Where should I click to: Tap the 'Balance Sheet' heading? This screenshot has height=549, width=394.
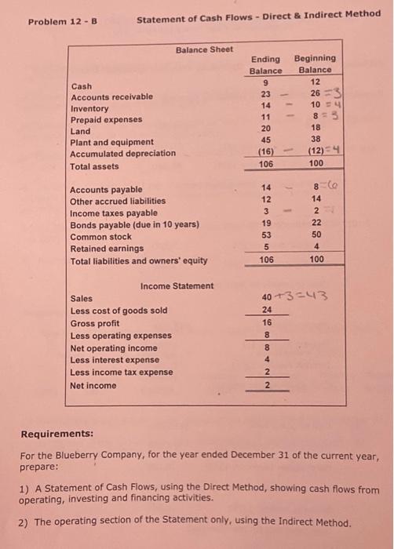click(204, 49)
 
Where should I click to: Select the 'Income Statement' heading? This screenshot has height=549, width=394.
click(176, 285)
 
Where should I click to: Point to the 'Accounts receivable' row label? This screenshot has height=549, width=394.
click(112, 97)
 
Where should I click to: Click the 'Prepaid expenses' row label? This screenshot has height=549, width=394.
click(107, 120)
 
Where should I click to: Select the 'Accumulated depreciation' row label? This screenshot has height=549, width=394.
click(123, 154)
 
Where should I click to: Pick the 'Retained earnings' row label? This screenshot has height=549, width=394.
click(107, 248)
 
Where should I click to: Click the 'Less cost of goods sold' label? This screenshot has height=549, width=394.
click(119, 311)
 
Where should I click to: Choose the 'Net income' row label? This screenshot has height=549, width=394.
click(93, 385)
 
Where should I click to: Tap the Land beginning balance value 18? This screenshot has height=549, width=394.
click(316, 127)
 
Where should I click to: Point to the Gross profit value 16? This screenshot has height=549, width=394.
click(267, 322)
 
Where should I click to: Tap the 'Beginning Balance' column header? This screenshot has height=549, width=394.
click(315, 64)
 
